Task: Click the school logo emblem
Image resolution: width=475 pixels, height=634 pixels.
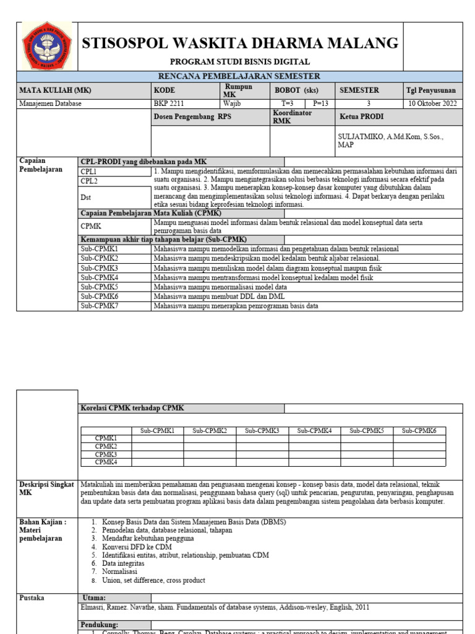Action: click(x=46, y=46)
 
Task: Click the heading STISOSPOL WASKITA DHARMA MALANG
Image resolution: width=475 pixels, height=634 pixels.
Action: click(x=241, y=43)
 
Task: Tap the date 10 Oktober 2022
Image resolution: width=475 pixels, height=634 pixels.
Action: click(x=433, y=103)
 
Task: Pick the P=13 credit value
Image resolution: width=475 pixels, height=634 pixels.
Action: click(x=320, y=103)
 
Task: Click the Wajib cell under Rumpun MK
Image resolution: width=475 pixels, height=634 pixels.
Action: click(x=233, y=103)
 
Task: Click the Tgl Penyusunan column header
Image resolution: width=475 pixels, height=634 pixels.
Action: click(x=430, y=90)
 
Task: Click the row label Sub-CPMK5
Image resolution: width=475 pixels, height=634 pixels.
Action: click(x=99, y=287)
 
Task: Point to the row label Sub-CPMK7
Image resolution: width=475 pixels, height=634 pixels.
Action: click(x=99, y=306)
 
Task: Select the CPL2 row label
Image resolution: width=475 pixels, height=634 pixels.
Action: click(x=89, y=181)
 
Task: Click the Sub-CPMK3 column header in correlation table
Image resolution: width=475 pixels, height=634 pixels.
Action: click(x=262, y=430)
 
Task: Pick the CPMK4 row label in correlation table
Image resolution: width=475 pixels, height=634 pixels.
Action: click(x=106, y=462)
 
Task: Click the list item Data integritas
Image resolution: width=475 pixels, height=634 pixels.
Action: click(x=123, y=563)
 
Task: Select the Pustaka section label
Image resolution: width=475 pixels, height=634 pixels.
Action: click(x=32, y=597)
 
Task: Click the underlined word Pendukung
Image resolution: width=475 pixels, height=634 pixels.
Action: click(x=100, y=625)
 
